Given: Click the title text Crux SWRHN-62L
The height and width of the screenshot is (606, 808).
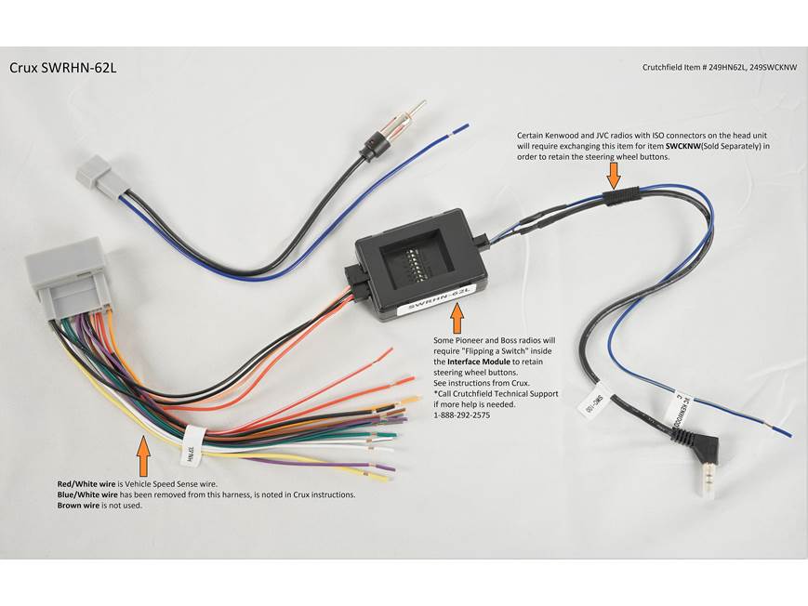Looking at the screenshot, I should click(x=62, y=68).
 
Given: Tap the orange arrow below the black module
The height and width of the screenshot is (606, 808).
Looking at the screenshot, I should click(x=457, y=319).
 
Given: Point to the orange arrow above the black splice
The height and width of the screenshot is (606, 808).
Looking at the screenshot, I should click(x=614, y=172).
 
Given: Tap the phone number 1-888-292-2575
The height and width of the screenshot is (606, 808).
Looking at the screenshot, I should click(x=462, y=415).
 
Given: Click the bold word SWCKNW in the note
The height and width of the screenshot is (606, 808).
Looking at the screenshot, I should click(x=685, y=146).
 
